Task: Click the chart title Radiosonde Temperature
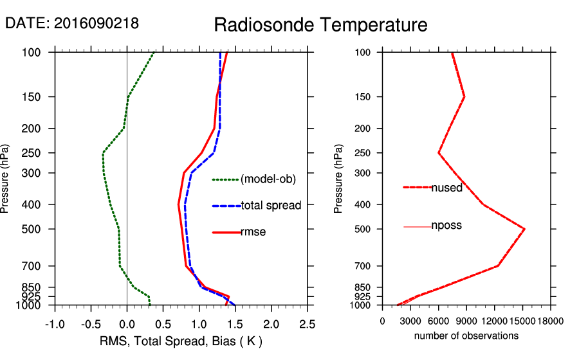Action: [320, 25]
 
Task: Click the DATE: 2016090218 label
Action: [72, 23]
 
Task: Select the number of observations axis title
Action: [466, 336]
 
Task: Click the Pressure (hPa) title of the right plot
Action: [339, 178]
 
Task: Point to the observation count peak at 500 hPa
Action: [524, 229]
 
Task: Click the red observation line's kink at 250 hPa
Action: [439, 153]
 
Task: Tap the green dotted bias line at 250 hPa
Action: [104, 153]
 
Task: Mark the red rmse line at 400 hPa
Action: [178, 204]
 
